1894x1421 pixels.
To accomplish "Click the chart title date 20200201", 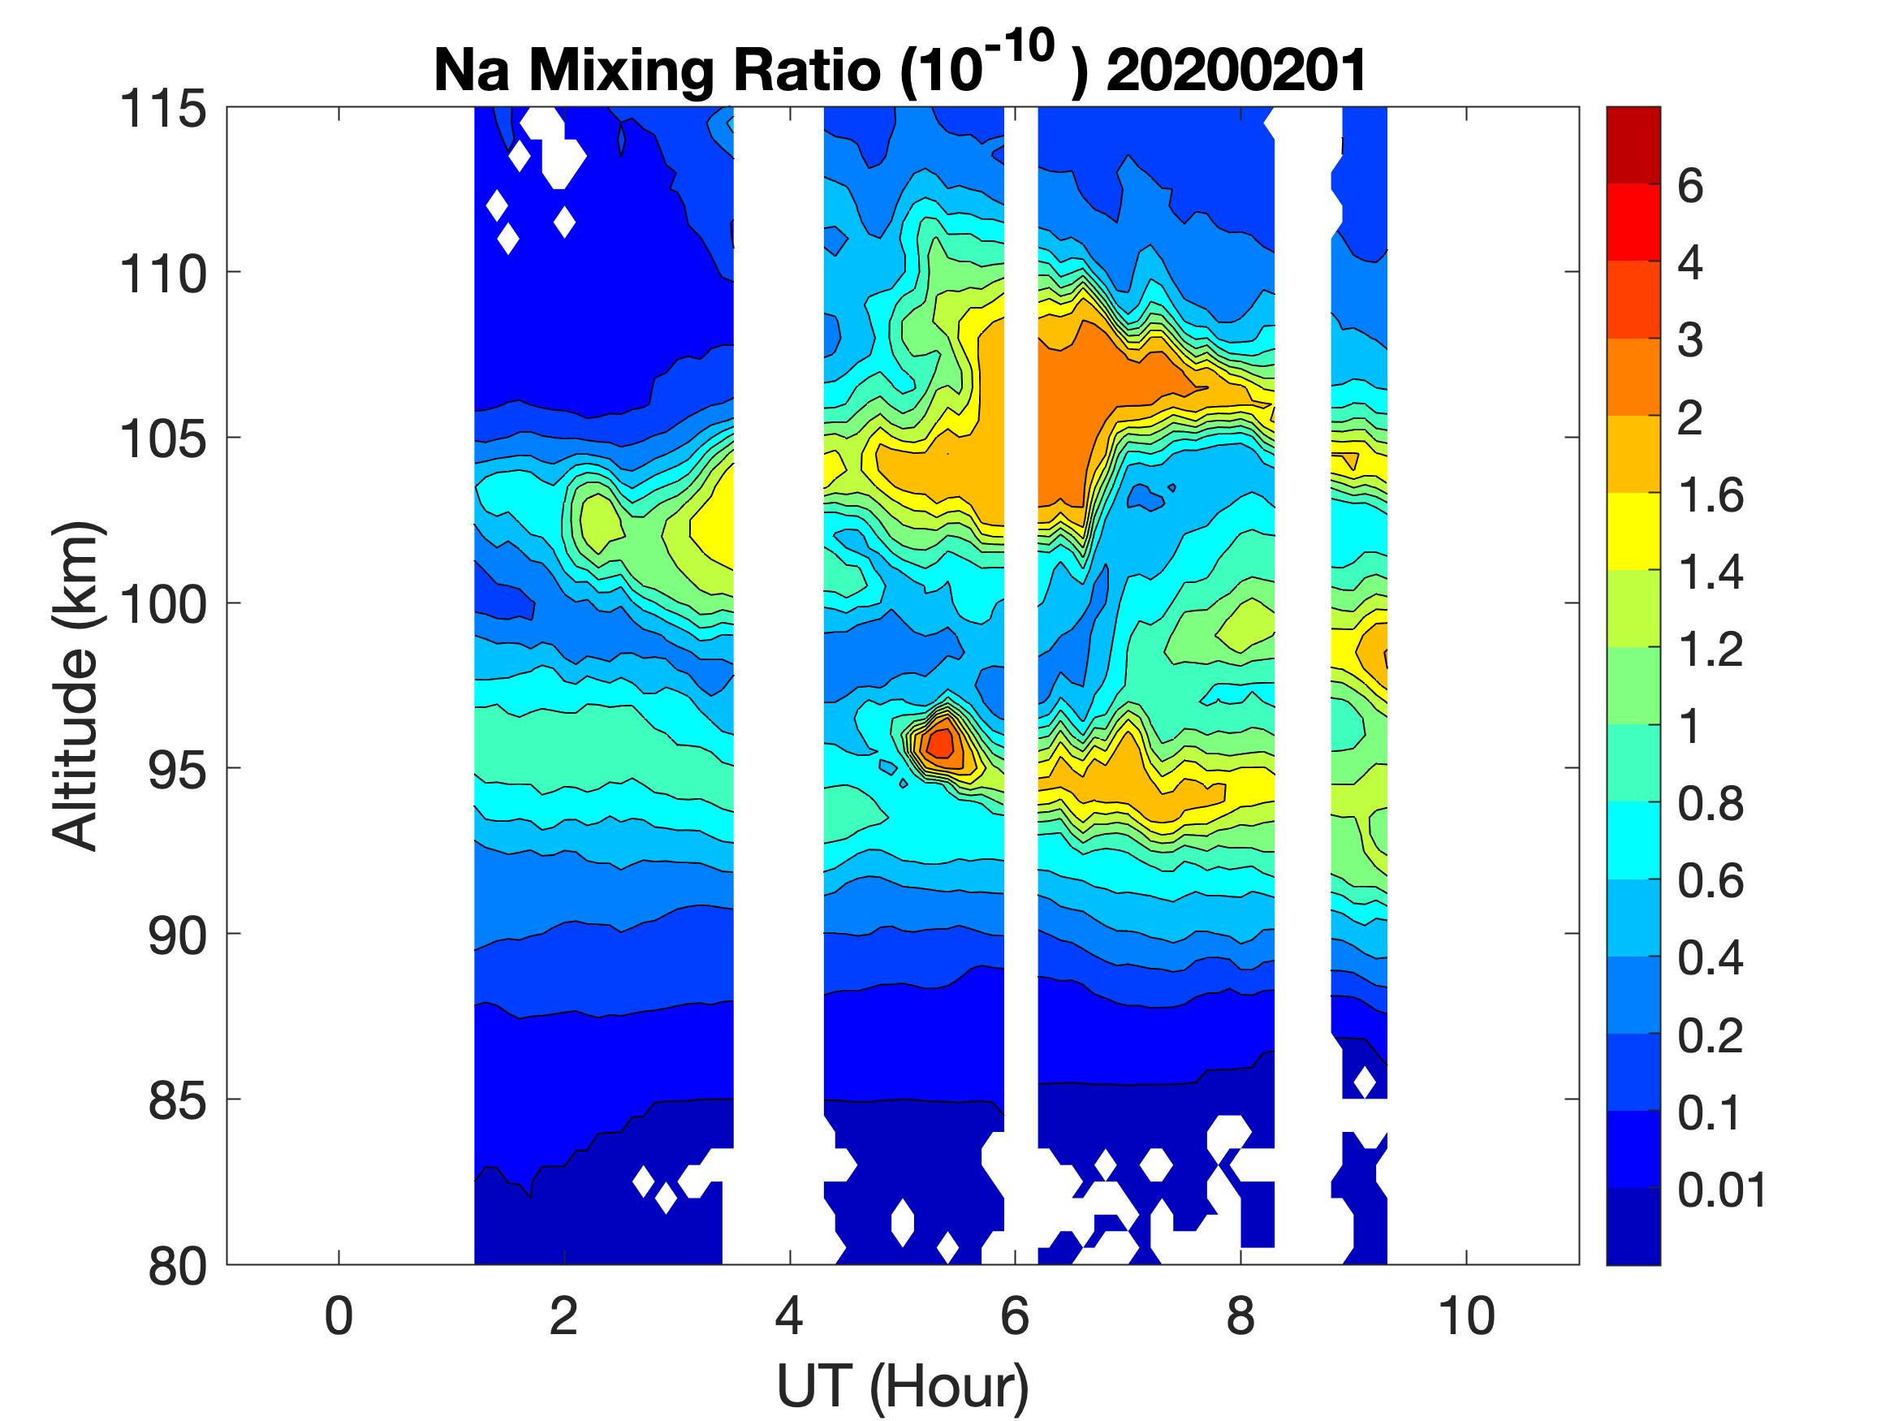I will tap(1236, 70).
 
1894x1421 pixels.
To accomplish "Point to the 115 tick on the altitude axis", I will tap(163, 110).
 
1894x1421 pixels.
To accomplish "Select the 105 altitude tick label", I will tap(163, 439).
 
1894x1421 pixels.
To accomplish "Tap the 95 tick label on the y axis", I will tap(177, 770).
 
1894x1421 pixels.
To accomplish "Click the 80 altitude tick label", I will tap(177, 1266).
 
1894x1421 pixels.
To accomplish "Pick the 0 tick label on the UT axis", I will tap(339, 1316).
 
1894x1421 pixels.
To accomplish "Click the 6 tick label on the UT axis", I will tap(1015, 1316).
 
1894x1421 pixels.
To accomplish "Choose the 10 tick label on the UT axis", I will tap(1466, 1316).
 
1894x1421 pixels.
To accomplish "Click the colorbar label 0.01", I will tap(1722, 1190).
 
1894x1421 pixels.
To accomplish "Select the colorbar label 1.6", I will tap(1710, 495).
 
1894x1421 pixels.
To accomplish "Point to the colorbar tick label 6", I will tap(1690, 186).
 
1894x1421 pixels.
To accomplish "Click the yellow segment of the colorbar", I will tap(1633, 531).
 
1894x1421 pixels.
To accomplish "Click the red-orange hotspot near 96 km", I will tap(940, 742).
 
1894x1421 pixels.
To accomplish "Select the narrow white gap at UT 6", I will tap(1020, 599).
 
